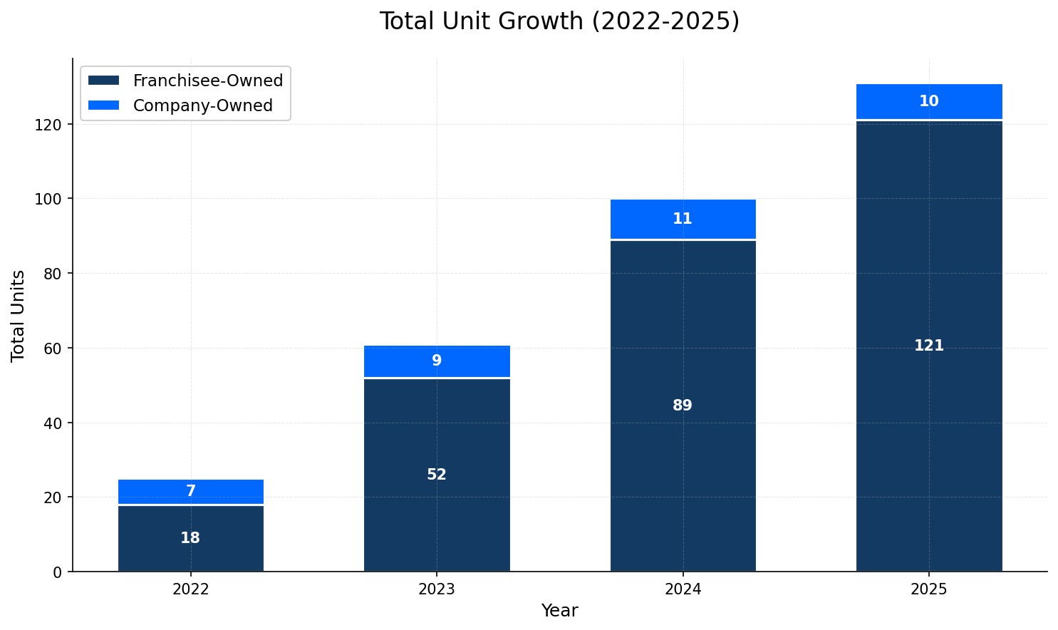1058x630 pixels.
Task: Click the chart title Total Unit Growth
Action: (x=559, y=21)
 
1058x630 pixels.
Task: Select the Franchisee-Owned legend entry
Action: (x=207, y=81)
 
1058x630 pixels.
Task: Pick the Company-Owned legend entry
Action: (x=202, y=106)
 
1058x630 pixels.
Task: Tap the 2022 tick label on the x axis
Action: (x=190, y=589)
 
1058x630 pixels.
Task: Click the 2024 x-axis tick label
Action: (x=683, y=589)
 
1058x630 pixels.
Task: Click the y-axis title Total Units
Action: (x=19, y=315)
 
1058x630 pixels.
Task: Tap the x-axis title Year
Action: (x=559, y=611)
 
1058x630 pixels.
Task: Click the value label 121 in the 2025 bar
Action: (x=928, y=346)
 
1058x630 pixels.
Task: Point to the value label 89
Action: (x=683, y=406)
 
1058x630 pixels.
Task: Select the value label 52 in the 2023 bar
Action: (x=437, y=475)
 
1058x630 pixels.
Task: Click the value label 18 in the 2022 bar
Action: (x=190, y=539)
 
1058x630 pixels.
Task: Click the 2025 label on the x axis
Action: (x=928, y=589)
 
